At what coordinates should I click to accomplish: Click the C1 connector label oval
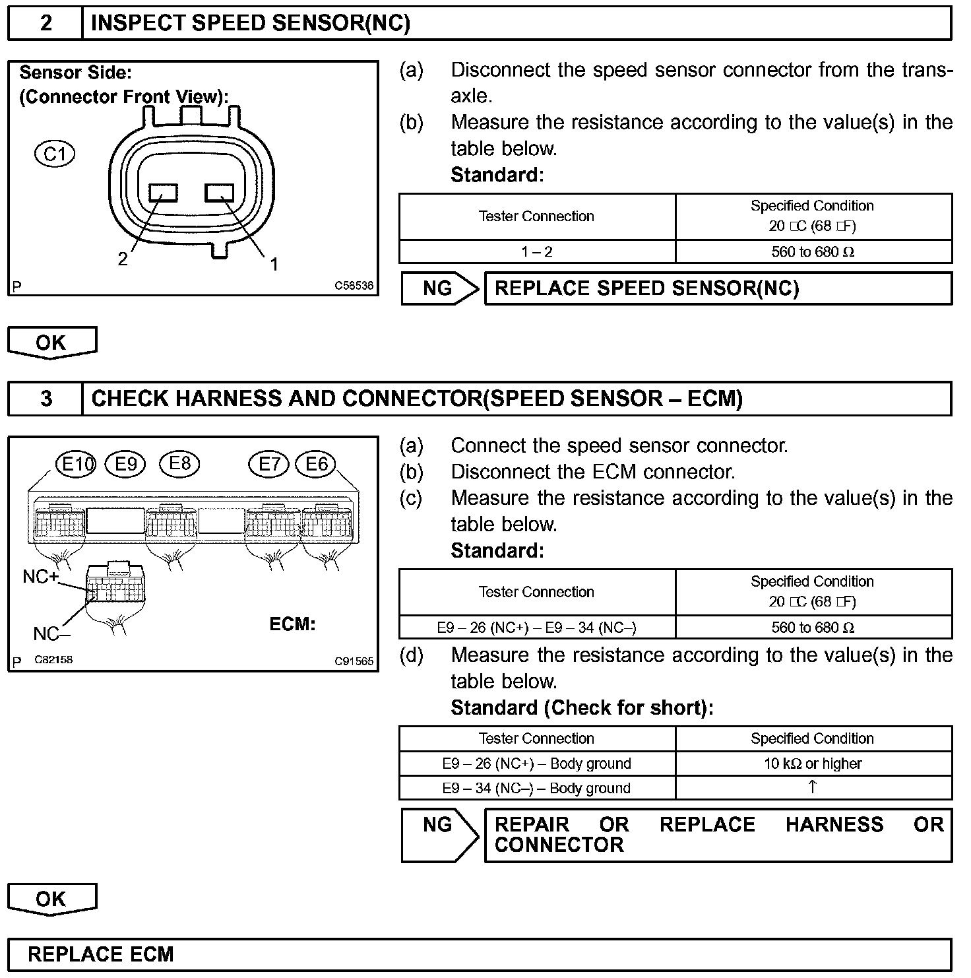tap(55, 154)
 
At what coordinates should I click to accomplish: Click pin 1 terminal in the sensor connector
tap(220, 193)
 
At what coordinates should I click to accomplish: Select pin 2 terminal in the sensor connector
tap(164, 193)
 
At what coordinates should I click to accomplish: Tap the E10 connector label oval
tap(76, 465)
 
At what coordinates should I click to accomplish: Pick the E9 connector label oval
tap(125, 465)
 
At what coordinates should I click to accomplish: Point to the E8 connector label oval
tap(179, 464)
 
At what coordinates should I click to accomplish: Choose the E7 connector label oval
tap(268, 465)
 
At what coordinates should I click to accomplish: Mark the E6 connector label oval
tap(316, 465)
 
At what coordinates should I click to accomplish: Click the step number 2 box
tap(46, 24)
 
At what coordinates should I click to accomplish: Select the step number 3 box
tap(46, 399)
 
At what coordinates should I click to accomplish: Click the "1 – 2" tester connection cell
tap(537, 251)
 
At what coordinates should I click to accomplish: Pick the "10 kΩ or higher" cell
tap(813, 764)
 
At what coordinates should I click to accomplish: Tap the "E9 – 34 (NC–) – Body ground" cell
tap(537, 788)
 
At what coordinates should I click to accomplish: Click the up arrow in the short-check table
tap(813, 787)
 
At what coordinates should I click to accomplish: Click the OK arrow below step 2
tap(51, 343)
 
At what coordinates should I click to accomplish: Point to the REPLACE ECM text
tap(101, 954)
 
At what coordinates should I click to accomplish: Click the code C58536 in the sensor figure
tap(354, 286)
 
